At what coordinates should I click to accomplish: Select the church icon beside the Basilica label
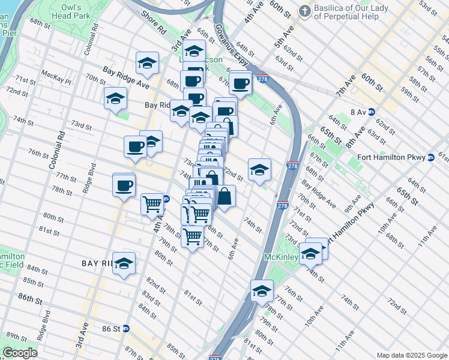pyautogui.click(x=305, y=10)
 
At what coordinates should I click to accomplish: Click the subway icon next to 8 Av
pyautogui.click(x=372, y=112)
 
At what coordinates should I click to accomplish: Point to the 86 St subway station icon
pyautogui.click(x=125, y=329)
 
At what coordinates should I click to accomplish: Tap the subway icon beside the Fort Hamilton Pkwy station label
pyautogui.click(x=431, y=158)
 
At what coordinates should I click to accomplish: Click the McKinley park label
pyautogui.click(x=282, y=257)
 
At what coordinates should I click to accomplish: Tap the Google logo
pyautogui.click(x=20, y=353)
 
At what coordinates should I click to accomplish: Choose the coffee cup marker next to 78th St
pyautogui.click(x=124, y=185)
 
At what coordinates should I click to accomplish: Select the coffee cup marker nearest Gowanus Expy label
pyautogui.click(x=241, y=83)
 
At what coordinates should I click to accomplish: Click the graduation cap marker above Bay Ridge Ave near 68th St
pyautogui.click(x=147, y=63)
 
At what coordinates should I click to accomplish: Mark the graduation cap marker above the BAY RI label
pyautogui.click(x=124, y=263)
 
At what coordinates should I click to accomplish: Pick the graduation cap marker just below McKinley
pyautogui.click(x=262, y=292)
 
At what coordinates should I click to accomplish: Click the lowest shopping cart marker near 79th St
pyautogui.click(x=192, y=236)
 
